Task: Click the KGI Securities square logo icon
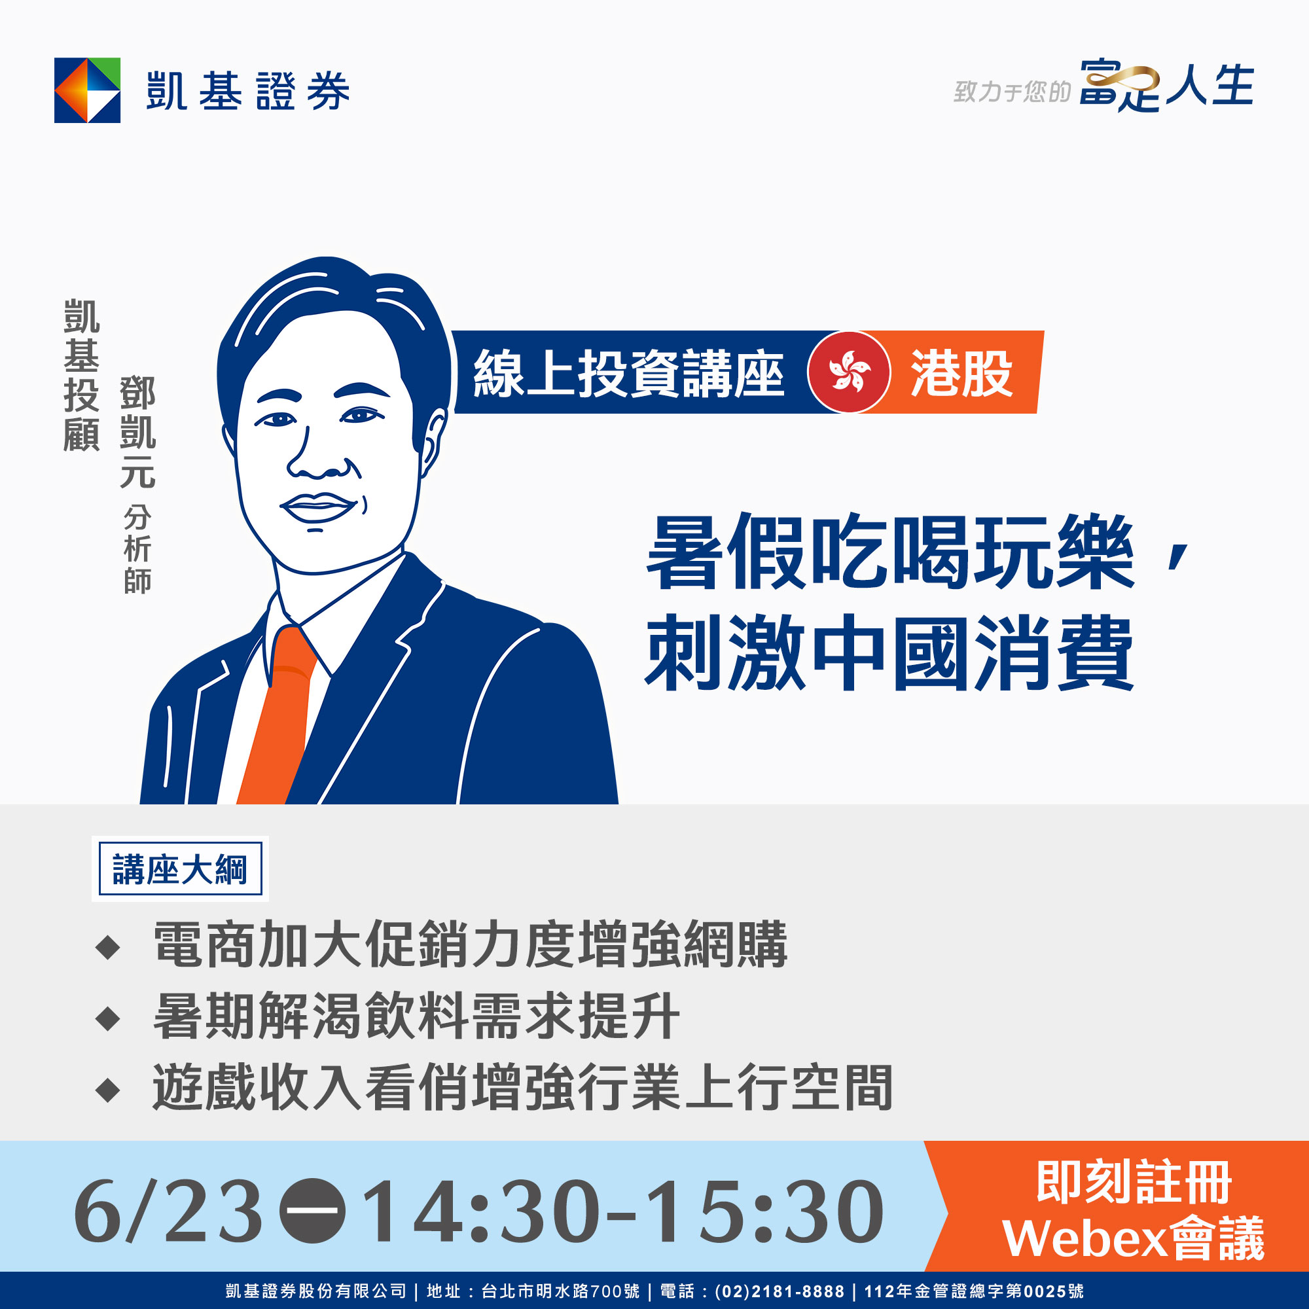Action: (88, 90)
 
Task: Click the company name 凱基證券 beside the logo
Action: (248, 91)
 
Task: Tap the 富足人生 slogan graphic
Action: (1166, 86)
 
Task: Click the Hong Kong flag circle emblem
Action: (849, 372)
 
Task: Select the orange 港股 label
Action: (961, 372)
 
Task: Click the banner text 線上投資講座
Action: (628, 372)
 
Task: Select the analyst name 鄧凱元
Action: (137, 432)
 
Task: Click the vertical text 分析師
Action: (137, 550)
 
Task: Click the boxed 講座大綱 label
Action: (180, 869)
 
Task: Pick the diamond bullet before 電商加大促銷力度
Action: (109, 947)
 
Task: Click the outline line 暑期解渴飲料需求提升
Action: (416, 1016)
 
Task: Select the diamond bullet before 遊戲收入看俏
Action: (109, 1090)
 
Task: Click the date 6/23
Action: (168, 1211)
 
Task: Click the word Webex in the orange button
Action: (1084, 1239)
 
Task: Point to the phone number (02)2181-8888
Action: (779, 1291)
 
